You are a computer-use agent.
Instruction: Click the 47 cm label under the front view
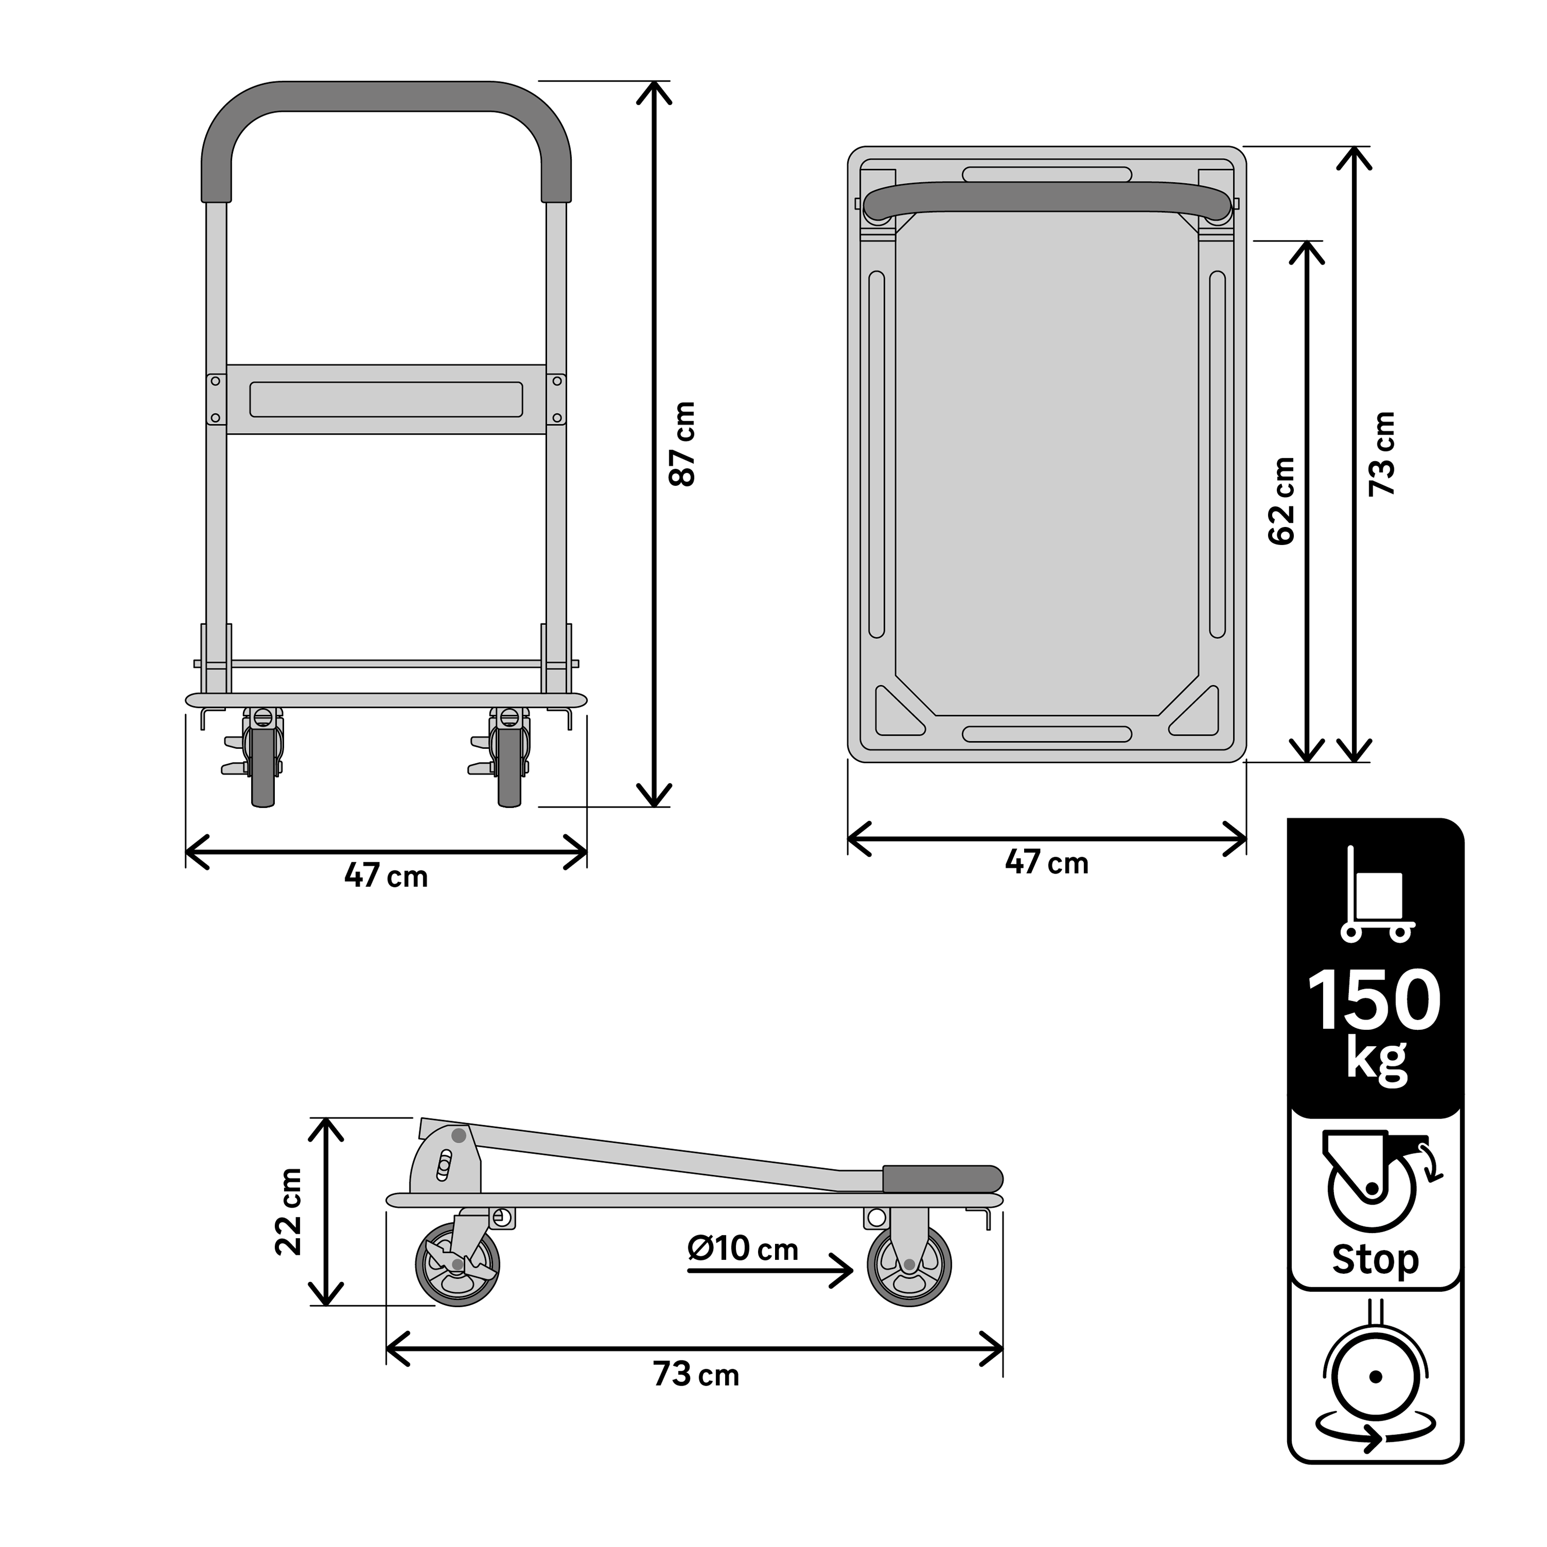386,876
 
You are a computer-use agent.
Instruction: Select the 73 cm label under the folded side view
695,1374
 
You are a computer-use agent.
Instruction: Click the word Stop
1375,1260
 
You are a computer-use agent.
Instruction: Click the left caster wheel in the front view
262,765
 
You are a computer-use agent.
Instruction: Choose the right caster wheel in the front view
509,765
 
